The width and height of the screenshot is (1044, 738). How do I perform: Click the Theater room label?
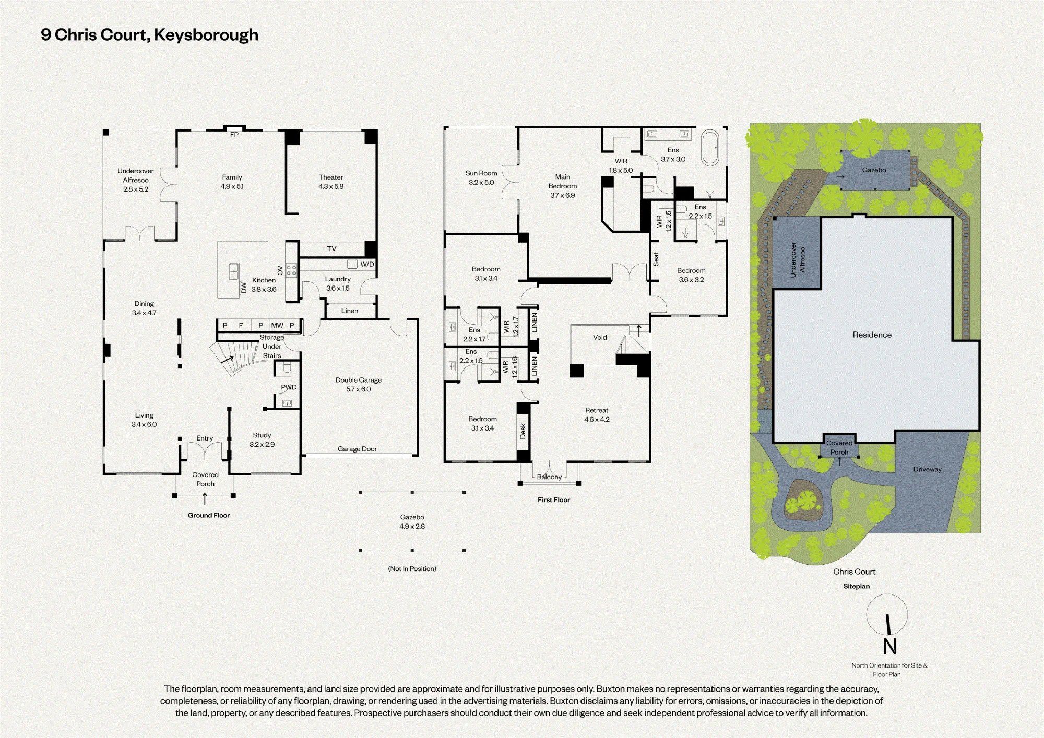pyautogui.click(x=331, y=177)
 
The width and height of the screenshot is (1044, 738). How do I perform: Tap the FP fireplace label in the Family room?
pyautogui.click(x=234, y=135)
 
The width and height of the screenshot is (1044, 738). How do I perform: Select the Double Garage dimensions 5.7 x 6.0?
pyautogui.click(x=359, y=389)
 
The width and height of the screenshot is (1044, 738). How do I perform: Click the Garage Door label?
pyautogui.click(x=357, y=449)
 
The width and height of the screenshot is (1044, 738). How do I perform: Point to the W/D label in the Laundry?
pyautogui.click(x=367, y=264)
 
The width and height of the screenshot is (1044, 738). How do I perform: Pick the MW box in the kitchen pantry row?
pyautogui.click(x=277, y=325)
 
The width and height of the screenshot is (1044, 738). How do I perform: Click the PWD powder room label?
pyautogui.click(x=289, y=387)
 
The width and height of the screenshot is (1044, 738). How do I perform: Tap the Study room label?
pyautogui.click(x=262, y=435)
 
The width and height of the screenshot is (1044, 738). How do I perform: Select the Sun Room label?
pyautogui.click(x=481, y=173)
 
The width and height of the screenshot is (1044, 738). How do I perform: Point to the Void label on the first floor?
pyautogui.click(x=600, y=337)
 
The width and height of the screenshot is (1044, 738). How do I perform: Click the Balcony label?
pyautogui.click(x=549, y=477)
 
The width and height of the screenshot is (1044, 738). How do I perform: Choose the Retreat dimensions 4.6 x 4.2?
pyautogui.click(x=597, y=419)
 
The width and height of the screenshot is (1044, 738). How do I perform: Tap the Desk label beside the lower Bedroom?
pyautogui.click(x=523, y=431)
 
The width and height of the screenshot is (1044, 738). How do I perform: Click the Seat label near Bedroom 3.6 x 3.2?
pyautogui.click(x=656, y=259)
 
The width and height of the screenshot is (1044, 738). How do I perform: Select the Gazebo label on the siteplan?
pyautogui.click(x=874, y=170)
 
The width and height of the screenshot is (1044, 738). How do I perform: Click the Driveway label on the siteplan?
pyautogui.click(x=928, y=469)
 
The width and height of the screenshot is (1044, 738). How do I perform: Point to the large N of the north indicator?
pyautogui.click(x=890, y=647)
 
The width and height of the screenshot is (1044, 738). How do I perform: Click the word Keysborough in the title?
pyautogui.click(x=206, y=35)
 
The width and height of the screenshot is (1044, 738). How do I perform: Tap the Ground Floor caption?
pyautogui.click(x=209, y=515)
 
